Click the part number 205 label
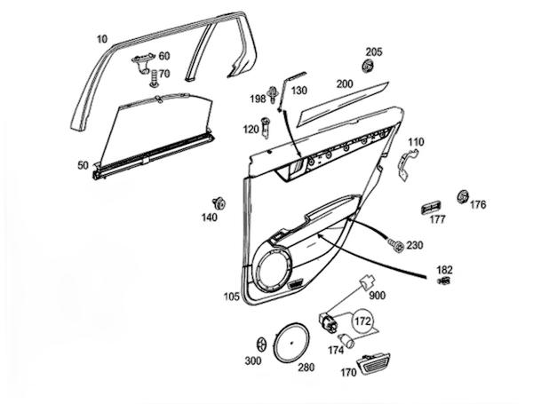373,51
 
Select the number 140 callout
209,218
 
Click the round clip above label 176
461,195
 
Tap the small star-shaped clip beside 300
260,344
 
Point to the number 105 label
231,296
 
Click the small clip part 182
444,282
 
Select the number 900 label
377,295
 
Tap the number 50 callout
83,165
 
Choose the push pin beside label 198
274,96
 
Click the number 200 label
344,83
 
